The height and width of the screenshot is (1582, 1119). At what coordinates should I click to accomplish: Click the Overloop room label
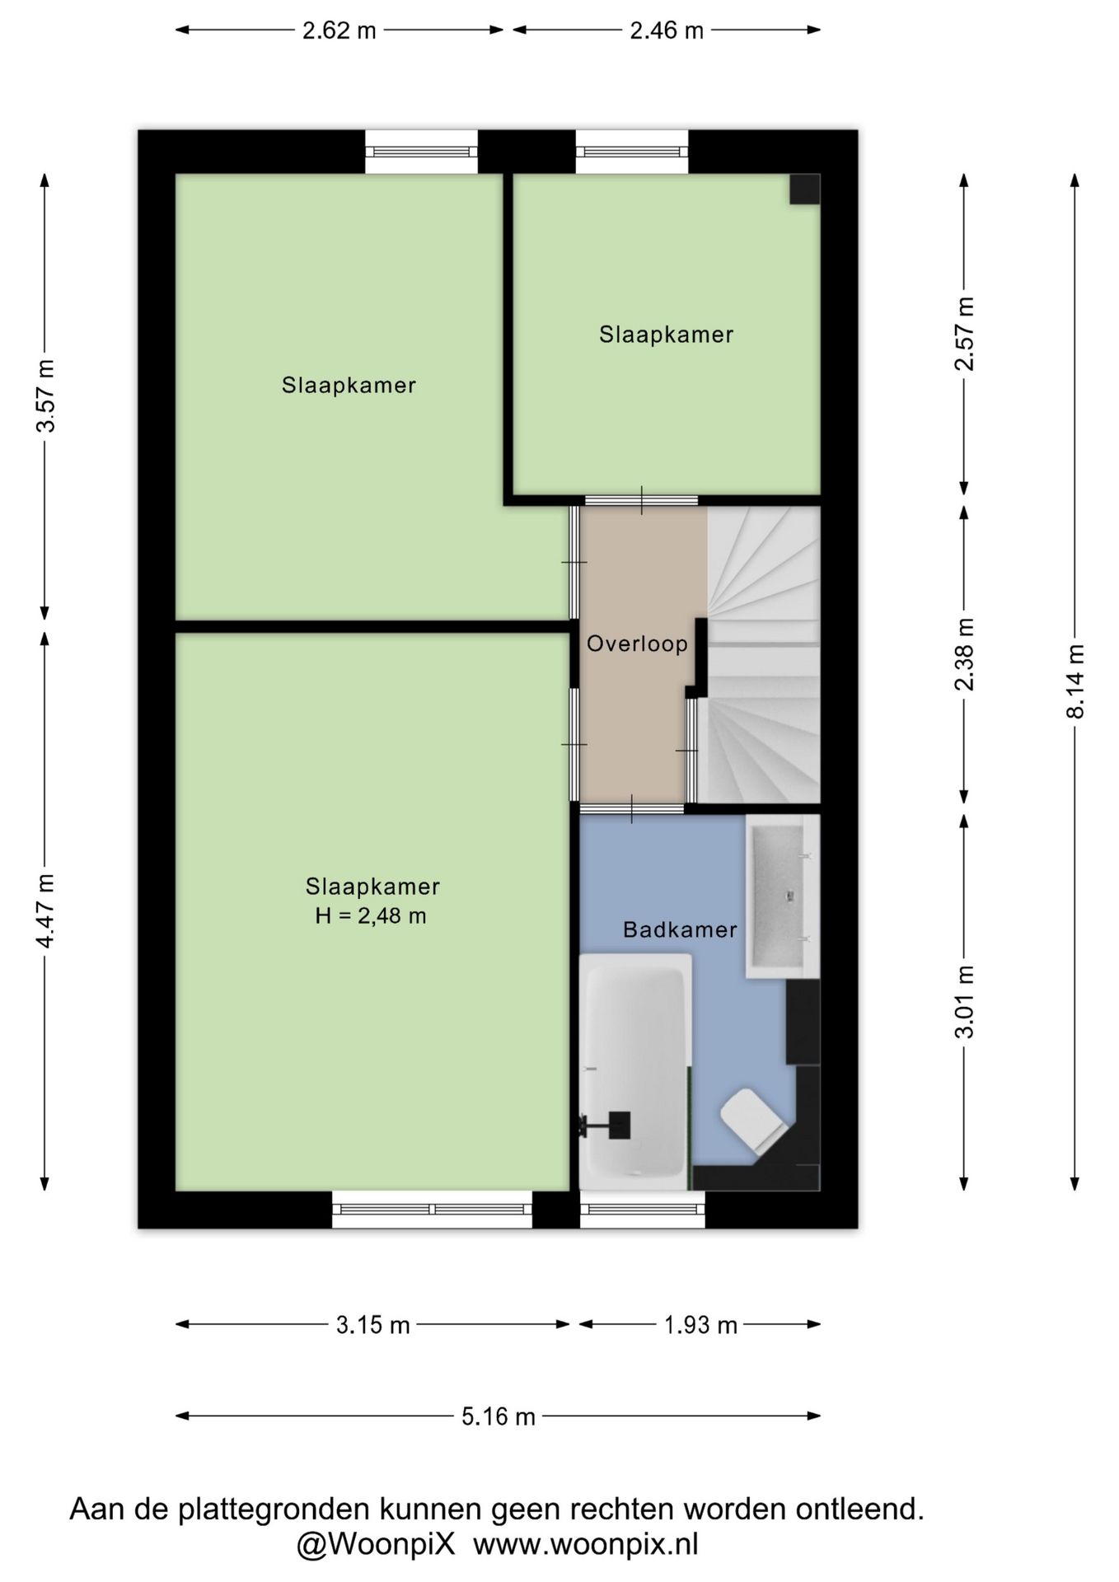637,644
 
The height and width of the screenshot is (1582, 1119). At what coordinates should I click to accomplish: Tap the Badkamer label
680,930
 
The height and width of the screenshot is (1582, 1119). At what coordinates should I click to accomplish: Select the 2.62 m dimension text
339,30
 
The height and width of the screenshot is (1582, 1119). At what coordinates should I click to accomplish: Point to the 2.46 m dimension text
667,30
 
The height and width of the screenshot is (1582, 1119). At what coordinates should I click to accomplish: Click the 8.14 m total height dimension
1075,681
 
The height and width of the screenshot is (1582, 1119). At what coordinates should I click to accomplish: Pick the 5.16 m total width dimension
499,1416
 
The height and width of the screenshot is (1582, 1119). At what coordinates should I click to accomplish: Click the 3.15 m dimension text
372,1325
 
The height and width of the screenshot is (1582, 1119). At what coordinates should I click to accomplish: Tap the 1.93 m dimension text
700,1325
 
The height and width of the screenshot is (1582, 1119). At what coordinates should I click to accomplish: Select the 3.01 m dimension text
964,1001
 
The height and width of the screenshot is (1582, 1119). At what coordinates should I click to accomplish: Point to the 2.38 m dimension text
964,654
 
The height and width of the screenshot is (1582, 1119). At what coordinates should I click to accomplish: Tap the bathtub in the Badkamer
635,1072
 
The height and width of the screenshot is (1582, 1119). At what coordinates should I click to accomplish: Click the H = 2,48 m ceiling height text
371,915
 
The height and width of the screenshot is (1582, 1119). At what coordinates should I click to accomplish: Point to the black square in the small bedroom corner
805,189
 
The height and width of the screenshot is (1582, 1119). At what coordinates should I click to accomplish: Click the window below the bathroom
643,1210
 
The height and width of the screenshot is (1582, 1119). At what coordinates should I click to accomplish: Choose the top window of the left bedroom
421,152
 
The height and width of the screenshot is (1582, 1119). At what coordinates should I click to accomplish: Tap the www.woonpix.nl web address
586,1543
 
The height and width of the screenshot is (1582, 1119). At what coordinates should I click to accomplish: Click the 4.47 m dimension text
45,911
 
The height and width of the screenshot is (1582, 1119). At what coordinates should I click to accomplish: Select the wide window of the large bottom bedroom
433,1210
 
